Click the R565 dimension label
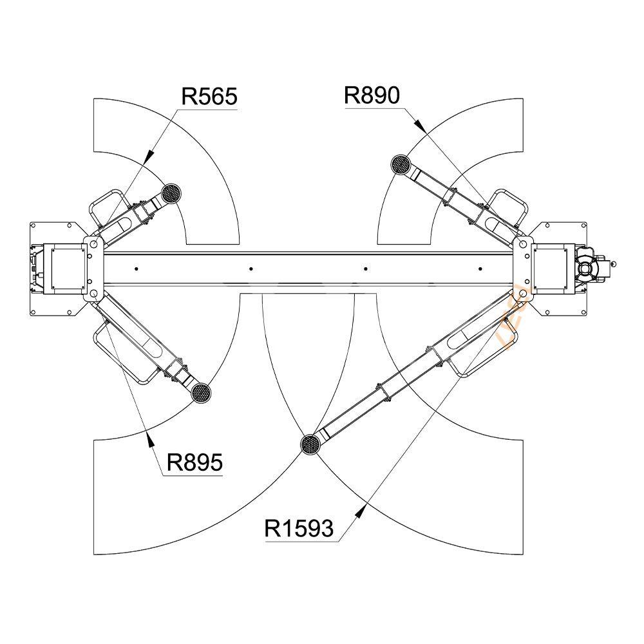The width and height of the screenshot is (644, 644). pos(209,97)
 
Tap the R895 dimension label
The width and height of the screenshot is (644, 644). pos(194,462)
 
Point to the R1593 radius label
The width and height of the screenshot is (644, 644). pos(299,528)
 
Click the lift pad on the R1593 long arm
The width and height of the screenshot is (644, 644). pos(310,444)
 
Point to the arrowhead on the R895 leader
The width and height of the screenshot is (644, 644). pos(149,439)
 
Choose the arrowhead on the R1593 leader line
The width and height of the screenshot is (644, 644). pos(360,512)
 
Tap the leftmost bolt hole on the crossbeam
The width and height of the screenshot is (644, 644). pos(137,269)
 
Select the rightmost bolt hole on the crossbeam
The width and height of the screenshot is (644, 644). pos(480,269)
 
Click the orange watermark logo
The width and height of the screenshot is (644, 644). pos(515,319)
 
